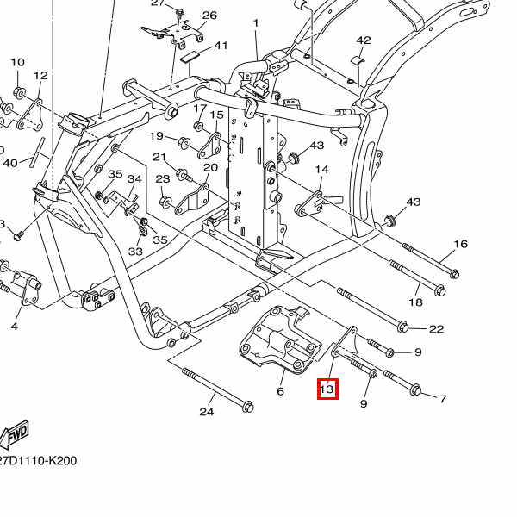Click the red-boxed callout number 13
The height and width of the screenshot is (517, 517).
coord(327,390)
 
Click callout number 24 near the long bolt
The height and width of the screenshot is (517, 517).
coord(206,412)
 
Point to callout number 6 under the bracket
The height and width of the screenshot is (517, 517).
coord(280,391)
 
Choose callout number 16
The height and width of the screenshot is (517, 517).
coord(461,245)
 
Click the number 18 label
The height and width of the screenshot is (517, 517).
coord(415,303)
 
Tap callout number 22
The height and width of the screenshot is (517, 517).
coord(436,328)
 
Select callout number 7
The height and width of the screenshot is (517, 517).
coord(443,399)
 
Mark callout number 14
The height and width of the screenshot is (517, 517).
coord(322,170)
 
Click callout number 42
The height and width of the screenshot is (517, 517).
coord(364,40)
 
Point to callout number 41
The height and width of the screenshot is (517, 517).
coord(221,46)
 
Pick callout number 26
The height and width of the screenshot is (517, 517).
coord(209,16)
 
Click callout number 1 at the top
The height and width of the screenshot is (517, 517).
coord(256,22)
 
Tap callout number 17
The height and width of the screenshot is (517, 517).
coord(200,109)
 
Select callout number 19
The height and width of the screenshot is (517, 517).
coord(157,136)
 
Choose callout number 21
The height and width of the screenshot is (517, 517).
coord(159,157)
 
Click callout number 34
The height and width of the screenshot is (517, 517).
coord(134,179)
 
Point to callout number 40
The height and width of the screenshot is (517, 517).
coord(10,163)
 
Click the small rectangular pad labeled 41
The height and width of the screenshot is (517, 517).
coord(190,55)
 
